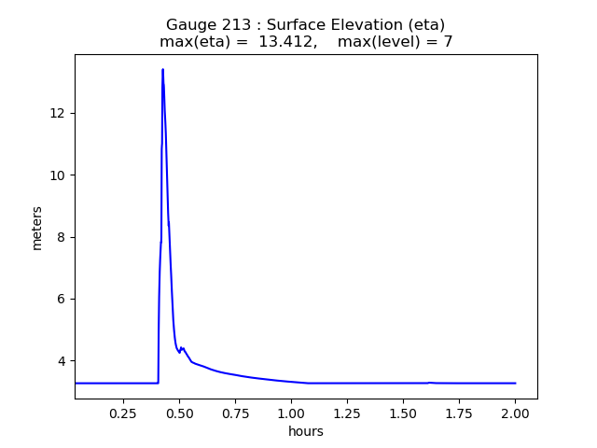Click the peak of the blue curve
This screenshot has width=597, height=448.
coord(162,69)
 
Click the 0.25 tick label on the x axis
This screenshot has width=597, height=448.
coord(122,413)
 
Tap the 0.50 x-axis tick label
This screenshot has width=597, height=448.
coord(178,413)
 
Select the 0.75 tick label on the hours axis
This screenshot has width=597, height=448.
coord(235,413)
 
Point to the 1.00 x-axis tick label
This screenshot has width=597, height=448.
coord(291,413)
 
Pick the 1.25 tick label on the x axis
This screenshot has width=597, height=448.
coord(347,413)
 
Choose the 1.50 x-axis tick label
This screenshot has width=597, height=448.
coord(403,413)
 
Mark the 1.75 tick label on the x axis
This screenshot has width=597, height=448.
coord(459,413)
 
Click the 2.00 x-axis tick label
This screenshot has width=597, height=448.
coord(515,413)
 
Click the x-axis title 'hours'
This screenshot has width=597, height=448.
coord(306,431)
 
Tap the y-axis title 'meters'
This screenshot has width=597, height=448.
coord(37,228)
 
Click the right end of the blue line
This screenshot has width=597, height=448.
coord(515,383)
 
